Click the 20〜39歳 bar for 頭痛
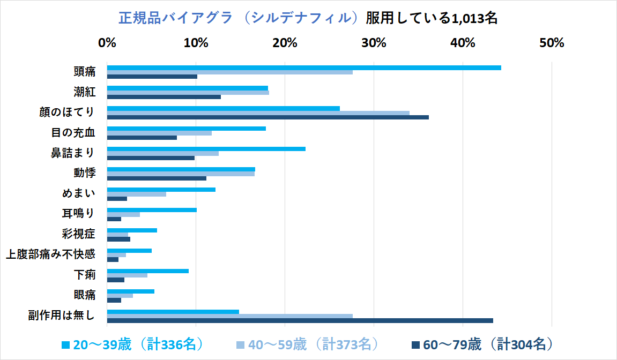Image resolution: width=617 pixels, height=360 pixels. (304, 67)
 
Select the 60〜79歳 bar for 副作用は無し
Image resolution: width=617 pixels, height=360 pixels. (300, 321)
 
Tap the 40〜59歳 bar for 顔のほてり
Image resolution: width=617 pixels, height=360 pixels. (258, 113)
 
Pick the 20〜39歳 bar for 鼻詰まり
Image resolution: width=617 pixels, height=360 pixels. (206, 149)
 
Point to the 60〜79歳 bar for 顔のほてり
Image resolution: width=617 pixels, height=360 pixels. (268, 117)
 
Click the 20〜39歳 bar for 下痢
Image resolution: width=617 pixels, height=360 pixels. (148, 271)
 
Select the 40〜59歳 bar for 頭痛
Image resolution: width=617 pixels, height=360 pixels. (230, 72)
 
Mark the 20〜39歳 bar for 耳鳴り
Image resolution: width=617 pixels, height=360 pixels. (152, 210)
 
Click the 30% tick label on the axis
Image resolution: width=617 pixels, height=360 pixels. (374, 43)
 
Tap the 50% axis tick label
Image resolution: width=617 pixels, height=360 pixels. (552, 43)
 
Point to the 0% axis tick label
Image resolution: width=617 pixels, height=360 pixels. (107, 43)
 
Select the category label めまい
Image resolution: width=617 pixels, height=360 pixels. (79, 193)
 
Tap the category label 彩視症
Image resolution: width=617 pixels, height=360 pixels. (79, 234)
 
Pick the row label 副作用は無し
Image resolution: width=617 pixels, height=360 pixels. (62, 316)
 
